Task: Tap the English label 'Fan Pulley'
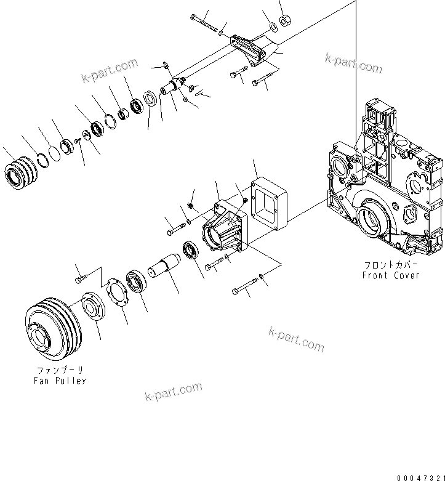60,381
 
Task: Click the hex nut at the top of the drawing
285,22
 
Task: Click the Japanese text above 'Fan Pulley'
60,370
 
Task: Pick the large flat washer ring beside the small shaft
150,100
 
